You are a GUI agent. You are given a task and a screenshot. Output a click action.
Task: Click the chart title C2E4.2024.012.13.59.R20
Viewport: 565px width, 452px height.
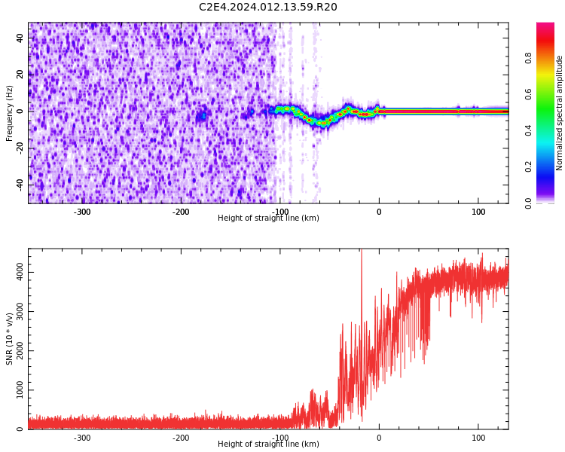pyautogui.click(x=268, y=8)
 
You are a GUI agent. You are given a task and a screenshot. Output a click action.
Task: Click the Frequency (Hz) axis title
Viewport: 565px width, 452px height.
pyautogui.click(x=10, y=113)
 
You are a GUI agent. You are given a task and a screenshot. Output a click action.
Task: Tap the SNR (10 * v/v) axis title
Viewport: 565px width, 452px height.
pyautogui.click(x=10, y=339)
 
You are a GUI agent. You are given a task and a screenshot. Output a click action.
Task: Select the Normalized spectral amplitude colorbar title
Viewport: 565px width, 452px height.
pyautogui.click(x=560, y=113)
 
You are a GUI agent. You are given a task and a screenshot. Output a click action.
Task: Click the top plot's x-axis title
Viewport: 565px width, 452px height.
pyautogui.click(x=268, y=218)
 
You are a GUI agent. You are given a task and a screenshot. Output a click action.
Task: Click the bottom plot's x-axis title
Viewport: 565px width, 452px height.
pyautogui.click(x=268, y=444)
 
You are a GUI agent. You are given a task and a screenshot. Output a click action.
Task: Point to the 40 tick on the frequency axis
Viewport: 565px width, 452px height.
pyautogui.click(x=20, y=38)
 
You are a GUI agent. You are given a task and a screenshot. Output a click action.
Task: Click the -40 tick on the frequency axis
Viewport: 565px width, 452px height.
pyautogui.click(x=20, y=185)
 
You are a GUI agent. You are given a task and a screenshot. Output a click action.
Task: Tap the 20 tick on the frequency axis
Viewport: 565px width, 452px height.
pyautogui.click(x=20, y=75)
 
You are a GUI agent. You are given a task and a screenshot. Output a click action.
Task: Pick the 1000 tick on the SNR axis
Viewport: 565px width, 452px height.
pyautogui.click(x=20, y=389)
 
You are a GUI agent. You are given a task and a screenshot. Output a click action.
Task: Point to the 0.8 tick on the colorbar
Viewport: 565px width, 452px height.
pyautogui.click(x=529, y=58)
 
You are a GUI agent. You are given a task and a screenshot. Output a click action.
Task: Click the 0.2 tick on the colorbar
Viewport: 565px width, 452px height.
pyautogui.click(x=529, y=166)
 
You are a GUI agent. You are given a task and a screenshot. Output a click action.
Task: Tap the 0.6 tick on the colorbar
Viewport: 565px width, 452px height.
pyautogui.click(x=529, y=94)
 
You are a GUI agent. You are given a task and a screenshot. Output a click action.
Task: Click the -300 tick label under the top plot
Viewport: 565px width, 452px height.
pyautogui.click(x=82, y=212)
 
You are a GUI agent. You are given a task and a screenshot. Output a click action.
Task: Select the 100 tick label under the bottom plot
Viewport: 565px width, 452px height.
pyautogui.click(x=478, y=438)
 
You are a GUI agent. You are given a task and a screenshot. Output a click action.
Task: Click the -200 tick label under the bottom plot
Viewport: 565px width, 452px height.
pyautogui.click(x=181, y=438)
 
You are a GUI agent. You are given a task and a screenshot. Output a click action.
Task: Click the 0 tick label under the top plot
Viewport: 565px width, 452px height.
pyautogui.click(x=379, y=212)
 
